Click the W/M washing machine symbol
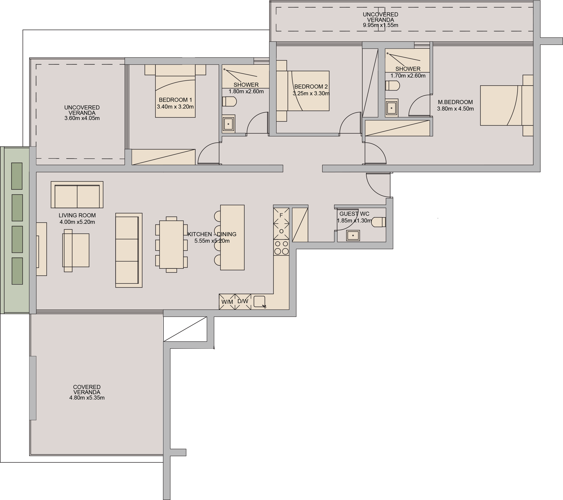pos(227,302)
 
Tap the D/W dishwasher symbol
pos(243,301)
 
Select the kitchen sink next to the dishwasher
pos(259,301)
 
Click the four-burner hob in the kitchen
pos(281,247)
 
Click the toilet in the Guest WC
pos(379,222)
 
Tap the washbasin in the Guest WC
pos(353,236)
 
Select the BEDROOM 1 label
pos(175,100)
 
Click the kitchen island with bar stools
pos(232,238)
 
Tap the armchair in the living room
pos(76,250)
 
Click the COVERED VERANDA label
pos(87,389)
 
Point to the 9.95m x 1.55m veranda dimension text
pos(380,25)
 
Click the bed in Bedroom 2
pos(308,91)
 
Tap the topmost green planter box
pos(17,176)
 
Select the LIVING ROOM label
pos(77,216)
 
